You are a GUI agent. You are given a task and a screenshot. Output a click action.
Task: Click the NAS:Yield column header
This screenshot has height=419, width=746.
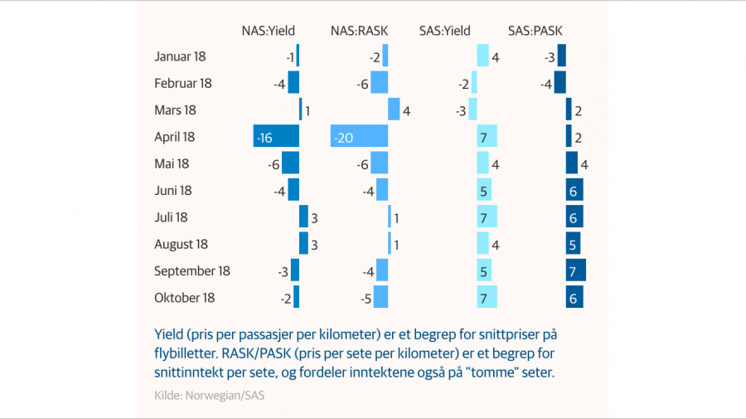click(x=268, y=31)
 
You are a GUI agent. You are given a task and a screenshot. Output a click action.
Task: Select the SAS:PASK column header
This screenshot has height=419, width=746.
click(x=535, y=31)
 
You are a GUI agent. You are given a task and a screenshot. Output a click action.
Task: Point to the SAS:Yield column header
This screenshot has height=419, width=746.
click(x=445, y=31)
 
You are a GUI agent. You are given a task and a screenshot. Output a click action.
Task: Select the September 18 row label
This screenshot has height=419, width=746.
click(x=192, y=270)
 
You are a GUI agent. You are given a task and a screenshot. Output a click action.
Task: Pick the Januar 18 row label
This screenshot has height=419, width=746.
click(x=180, y=56)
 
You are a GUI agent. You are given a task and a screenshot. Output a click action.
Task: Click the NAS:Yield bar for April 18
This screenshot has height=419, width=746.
click(x=276, y=137)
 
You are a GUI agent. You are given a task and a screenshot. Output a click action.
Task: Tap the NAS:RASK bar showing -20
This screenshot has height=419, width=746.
click(x=359, y=137)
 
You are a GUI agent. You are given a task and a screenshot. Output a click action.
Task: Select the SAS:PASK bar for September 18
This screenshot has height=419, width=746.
click(x=576, y=270)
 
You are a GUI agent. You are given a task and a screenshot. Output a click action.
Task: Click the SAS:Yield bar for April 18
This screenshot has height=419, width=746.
click(x=487, y=137)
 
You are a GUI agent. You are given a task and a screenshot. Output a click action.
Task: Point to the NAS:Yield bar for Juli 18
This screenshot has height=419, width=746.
click(x=303, y=217)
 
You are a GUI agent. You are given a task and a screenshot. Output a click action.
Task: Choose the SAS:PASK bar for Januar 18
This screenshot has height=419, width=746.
click(x=562, y=56)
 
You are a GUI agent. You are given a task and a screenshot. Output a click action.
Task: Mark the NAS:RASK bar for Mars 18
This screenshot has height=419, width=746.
click(x=394, y=110)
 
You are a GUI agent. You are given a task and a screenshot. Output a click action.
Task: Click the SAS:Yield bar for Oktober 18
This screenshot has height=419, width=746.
click(x=487, y=298)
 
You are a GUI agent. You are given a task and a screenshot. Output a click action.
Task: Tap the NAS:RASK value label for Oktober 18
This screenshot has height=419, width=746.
click(x=363, y=298)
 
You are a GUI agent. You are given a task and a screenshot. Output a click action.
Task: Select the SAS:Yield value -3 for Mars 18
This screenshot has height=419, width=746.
click(x=461, y=110)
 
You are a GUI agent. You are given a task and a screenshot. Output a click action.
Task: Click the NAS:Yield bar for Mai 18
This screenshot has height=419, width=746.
click(x=290, y=163)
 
